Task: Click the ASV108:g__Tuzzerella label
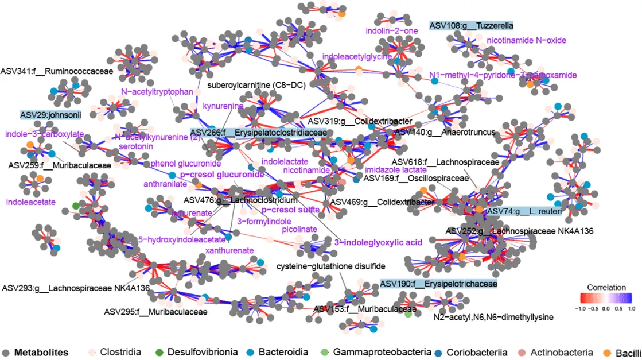point(471,25)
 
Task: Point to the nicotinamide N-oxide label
point(526,40)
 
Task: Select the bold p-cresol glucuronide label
point(222,175)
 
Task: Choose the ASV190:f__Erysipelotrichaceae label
point(438,284)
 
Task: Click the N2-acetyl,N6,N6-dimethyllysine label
point(493,318)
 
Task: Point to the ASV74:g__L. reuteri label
point(523,211)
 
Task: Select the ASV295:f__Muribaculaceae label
point(155,312)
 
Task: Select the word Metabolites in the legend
point(41,351)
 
